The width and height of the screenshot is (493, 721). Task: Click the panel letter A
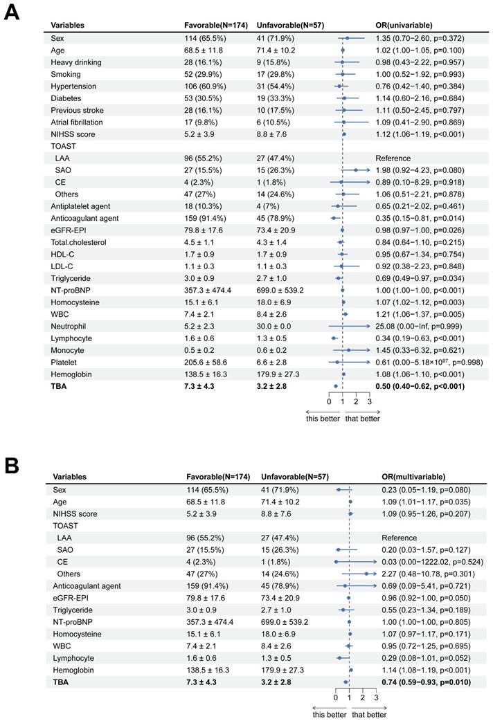(x=12, y=13)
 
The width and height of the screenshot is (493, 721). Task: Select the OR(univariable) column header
(x=404, y=26)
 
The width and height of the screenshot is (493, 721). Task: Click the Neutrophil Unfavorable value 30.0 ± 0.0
(x=276, y=325)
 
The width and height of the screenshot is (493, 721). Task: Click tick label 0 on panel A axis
(x=329, y=401)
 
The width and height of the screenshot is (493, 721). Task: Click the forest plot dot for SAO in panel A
(x=356, y=170)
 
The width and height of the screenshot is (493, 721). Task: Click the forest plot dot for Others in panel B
(x=366, y=574)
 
